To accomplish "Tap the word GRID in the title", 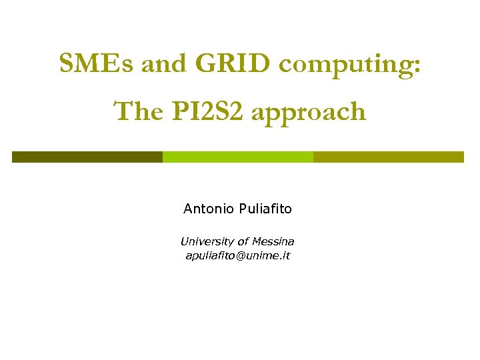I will (234, 64).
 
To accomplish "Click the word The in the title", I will (137, 111).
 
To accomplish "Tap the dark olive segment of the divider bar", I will (87, 157).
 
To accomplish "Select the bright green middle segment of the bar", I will (238, 157).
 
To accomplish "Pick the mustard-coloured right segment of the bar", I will (388, 157).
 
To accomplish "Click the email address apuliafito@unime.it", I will (237, 255).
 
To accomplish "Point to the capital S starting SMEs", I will (66, 64).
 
